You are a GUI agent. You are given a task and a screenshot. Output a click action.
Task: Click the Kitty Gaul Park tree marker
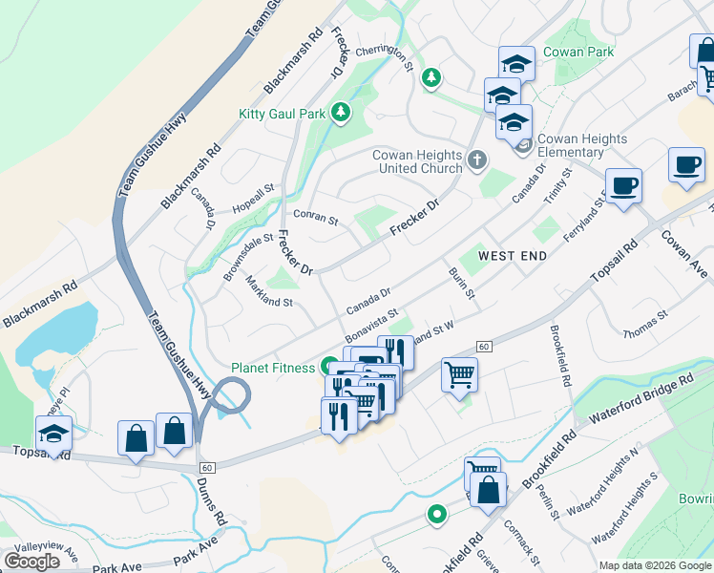coord(340,114)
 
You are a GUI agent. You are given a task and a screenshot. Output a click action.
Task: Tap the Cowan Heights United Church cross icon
coord(478,159)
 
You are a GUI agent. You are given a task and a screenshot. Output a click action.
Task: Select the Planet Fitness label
coord(273,368)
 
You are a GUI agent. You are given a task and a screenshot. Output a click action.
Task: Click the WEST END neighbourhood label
coord(513,256)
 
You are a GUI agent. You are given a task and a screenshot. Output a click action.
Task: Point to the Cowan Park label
coord(577,53)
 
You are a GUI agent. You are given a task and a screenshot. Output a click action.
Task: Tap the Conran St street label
coord(315,218)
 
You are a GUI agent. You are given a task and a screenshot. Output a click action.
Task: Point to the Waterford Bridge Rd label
coord(640,399)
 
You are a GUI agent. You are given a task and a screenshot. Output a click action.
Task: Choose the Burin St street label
coord(462,283)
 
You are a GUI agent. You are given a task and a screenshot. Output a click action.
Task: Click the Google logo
coord(32,561)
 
